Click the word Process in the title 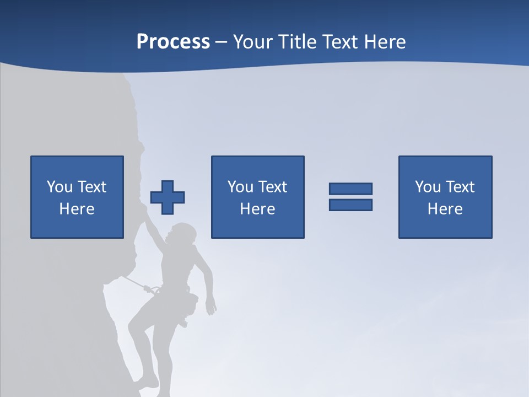pyautogui.click(x=173, y=42)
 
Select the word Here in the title pyautogui.click(x=381, y=42)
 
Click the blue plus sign pyautogui.click(x=168, y=197)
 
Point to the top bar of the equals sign pyautogui.click(x=350, y=189)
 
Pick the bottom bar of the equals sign pyautogui.click(x=350, y=205)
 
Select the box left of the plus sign pyautogui.click(x=77, y=197)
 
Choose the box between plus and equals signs pyautogui.click(x=257, y=197)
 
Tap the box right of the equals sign pyautogui.click(x=445, y=197)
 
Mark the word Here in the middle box pyautogui.click(x=257, y=209)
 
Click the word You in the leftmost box pyautogui.click(x=60, y=187)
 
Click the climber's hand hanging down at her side pyautogui.click(x=210, y=307)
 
